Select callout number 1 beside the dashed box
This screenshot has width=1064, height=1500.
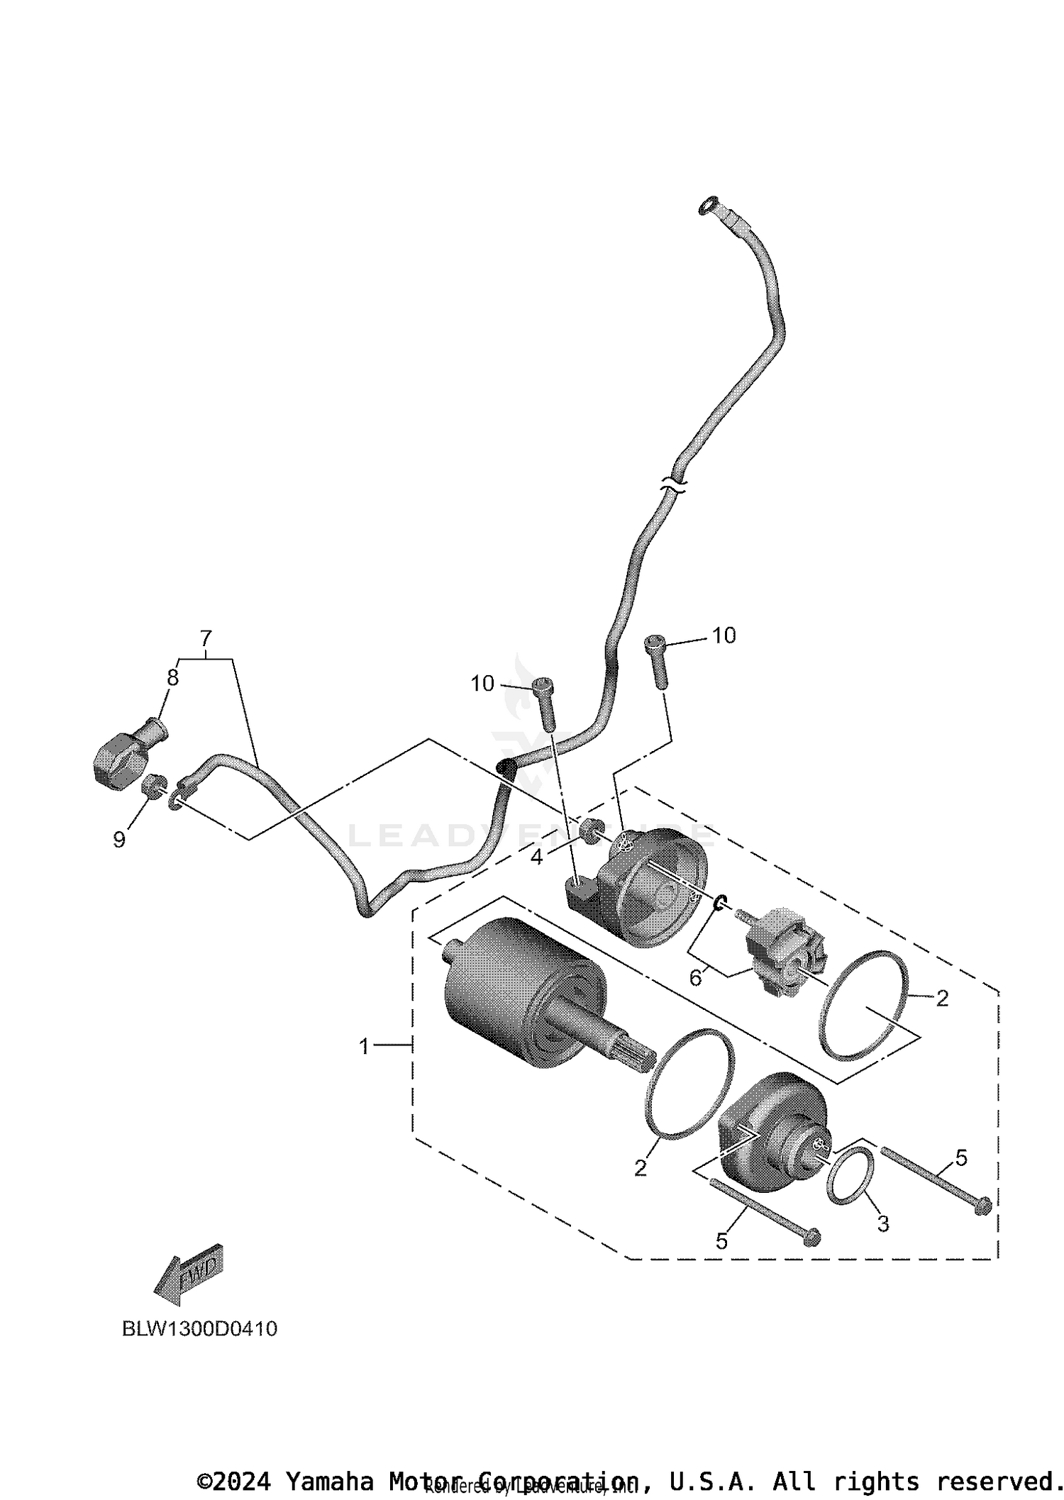point(364,1046)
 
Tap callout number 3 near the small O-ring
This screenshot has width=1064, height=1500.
point(882,1223)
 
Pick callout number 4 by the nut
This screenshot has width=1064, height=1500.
point(536,857)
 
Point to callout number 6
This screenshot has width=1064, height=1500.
point(695,978)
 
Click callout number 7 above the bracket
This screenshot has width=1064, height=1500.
point(206,636)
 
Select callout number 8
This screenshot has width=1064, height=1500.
point(172,677)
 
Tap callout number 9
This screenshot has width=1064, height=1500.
point(119,840)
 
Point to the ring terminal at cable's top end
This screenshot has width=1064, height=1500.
point(707,206)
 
